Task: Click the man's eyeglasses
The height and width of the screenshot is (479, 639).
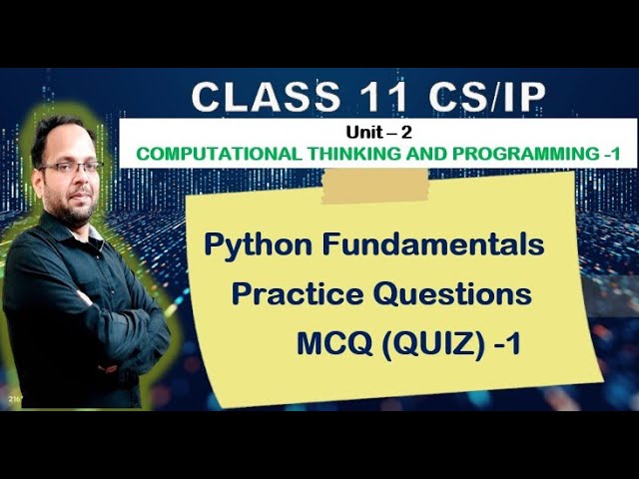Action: coord(71,168)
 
